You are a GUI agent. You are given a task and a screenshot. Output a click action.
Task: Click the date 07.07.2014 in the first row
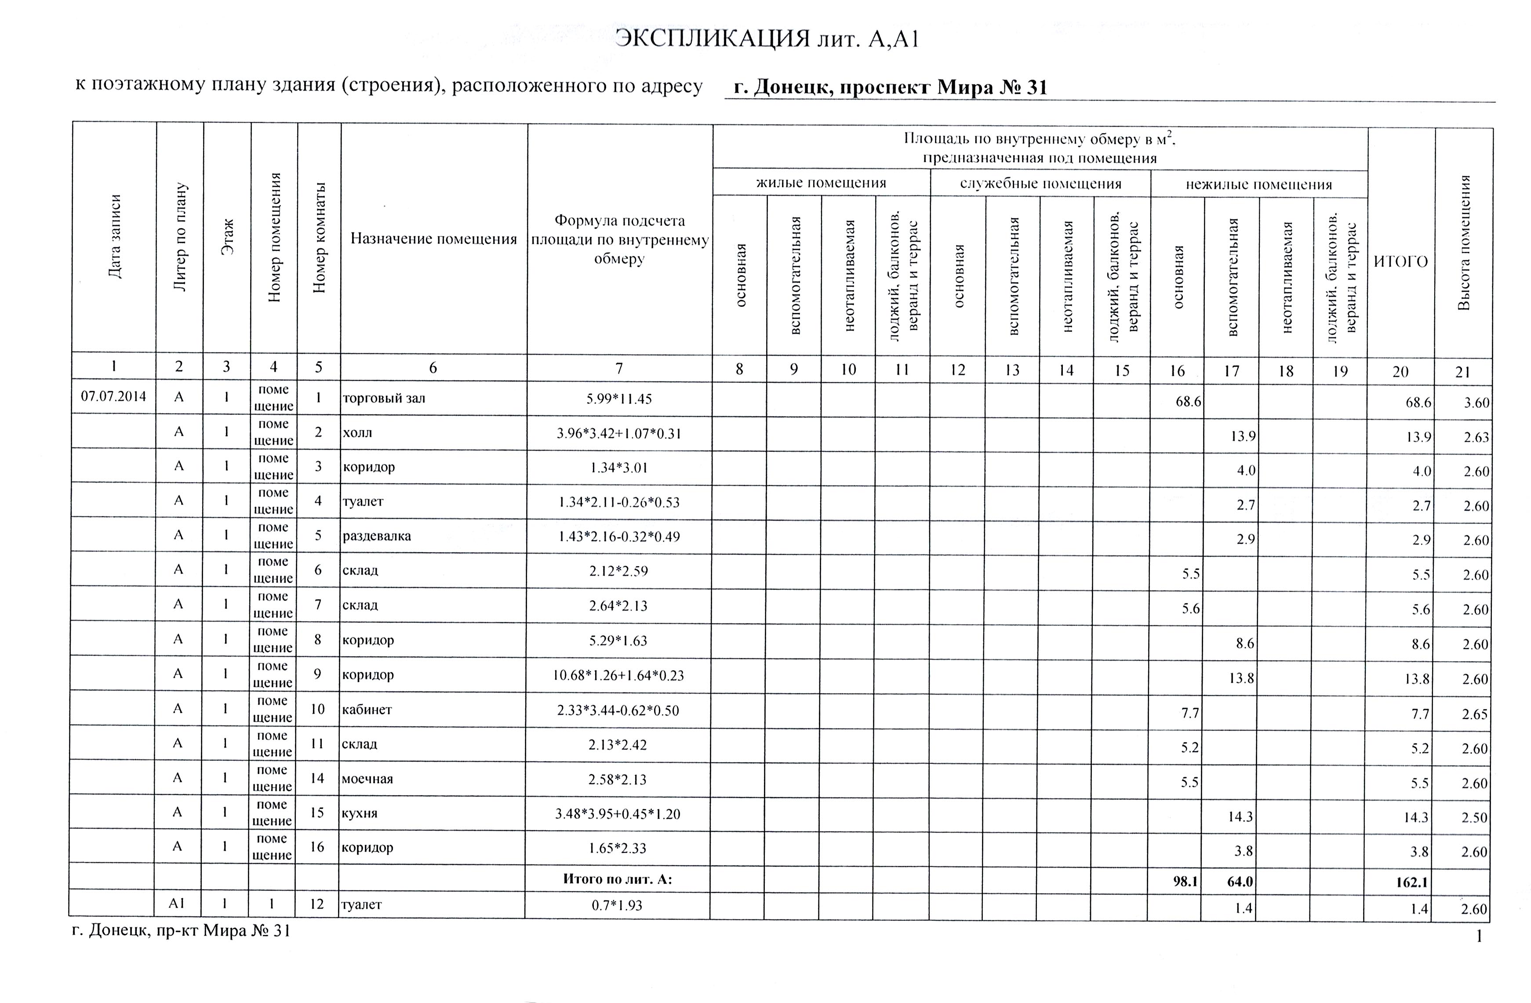coord(113,396)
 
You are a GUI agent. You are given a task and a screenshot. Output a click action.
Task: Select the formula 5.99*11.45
coord(619,399)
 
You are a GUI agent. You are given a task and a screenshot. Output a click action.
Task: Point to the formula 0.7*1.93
coord(617,906)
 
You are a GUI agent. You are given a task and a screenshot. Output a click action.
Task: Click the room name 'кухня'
coord(359,813)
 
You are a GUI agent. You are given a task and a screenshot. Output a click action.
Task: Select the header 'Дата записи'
coord(114,237)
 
